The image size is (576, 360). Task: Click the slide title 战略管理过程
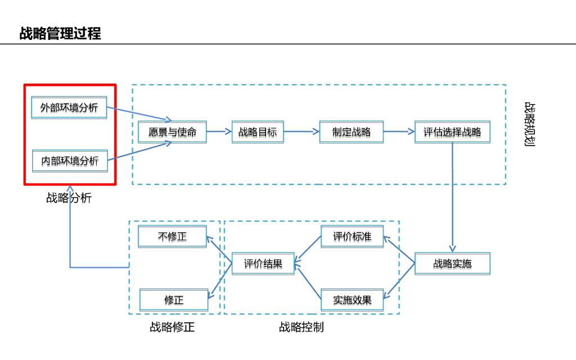pos(60,34)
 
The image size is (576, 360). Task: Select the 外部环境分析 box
pos(69,107)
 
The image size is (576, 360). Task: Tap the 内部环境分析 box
pos(69,161)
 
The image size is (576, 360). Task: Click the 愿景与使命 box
pos(172,132)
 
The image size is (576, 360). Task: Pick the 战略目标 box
pos(258,132)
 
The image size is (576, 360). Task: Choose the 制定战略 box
pos(352,132)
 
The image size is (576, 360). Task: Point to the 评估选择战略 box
pos(452,132)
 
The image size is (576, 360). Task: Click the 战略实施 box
pos(452,264)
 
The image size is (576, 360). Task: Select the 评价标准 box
pos(352,237)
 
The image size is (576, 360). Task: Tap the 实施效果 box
pos(352,300)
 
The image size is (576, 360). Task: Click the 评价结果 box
pos(263,263)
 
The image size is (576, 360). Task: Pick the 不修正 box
pos(172,237)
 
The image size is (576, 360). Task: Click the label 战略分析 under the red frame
pos(69,198)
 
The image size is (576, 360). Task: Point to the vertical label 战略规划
pos(529,124)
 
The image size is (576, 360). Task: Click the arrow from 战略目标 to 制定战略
pos(301,132)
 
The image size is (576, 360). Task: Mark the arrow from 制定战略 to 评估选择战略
pos(399,132)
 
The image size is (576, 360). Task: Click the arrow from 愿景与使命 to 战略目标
pos(219,132)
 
